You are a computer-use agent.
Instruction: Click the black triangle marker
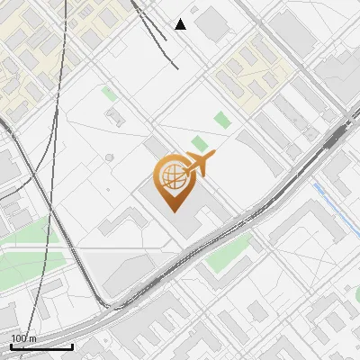(x=181, y=24)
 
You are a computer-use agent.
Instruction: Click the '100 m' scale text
(x=23, y=338)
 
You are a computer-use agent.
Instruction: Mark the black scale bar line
(x=41, y=346)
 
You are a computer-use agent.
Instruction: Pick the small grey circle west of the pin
(x=110, y=157)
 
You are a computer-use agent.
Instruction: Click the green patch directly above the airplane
(x=199, y=143)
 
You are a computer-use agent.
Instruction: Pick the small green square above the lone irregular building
(x=109, y=93)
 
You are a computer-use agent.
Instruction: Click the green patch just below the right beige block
(x=222, y=119)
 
